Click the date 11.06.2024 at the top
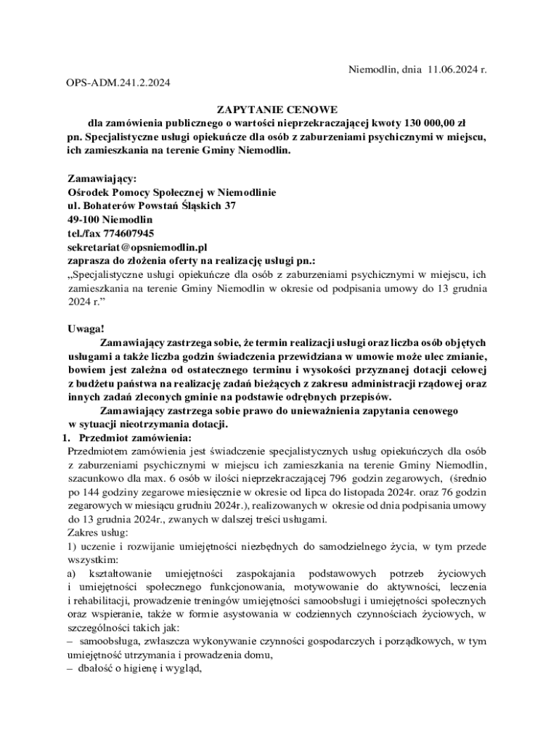[450, 70]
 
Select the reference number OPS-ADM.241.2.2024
[115, 83]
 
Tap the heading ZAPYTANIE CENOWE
[279, 110]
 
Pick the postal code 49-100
[83, 219]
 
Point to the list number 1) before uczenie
[72, 546]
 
